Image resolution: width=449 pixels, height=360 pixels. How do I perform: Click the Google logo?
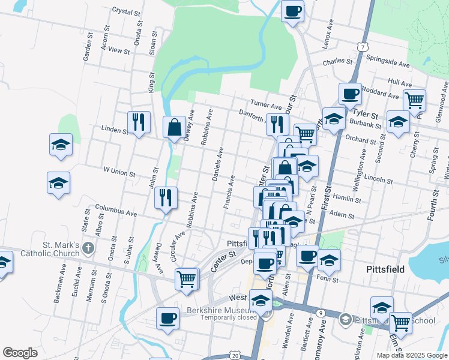pyautogui.click(x=20, y=353)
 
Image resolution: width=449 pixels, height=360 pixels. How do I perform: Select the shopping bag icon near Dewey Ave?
pyautogui.click(x=174, y=127)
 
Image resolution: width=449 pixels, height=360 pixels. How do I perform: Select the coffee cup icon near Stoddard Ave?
pyautogui.click(x=350, y=94)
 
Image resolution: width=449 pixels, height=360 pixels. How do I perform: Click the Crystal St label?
pyautogui.click(x=125, y=11)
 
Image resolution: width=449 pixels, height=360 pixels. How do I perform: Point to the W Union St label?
pyautogui.click(x=119, y=172)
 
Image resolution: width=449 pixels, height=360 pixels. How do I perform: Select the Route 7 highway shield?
pyautogui.click(x=361, y=46)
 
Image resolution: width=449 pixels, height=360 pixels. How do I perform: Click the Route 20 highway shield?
pyautogui.click(x=235, y=356)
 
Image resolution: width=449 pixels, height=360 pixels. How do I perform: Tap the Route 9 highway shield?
pyautogui.click(x=321, y=313)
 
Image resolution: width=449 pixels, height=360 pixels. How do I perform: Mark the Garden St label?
pyautogui.click(x=86, y=51)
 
